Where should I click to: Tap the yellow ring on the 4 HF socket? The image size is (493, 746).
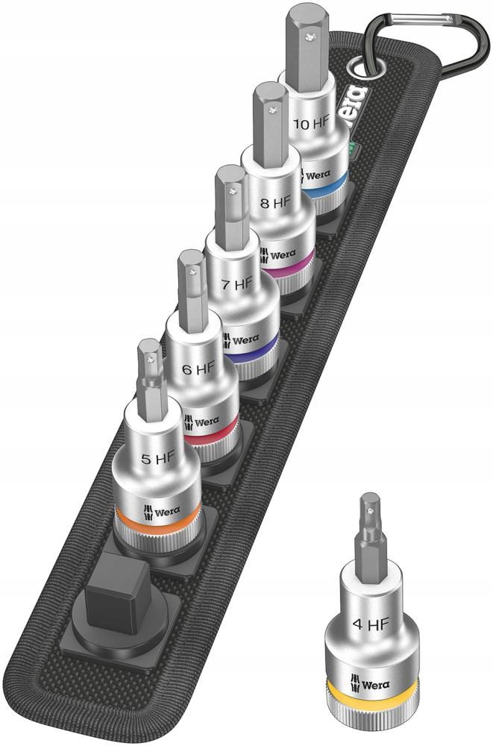tap(373, 697)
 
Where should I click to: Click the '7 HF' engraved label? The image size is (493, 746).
tap(238, 284)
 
